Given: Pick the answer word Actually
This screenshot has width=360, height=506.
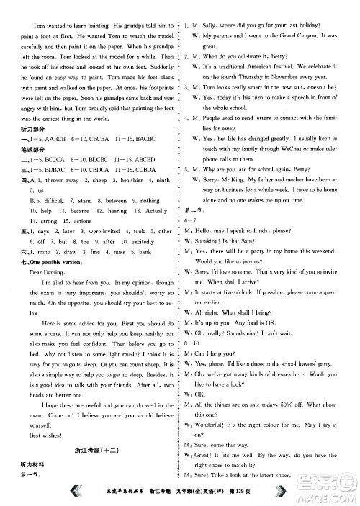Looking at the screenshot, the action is point(153,211).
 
